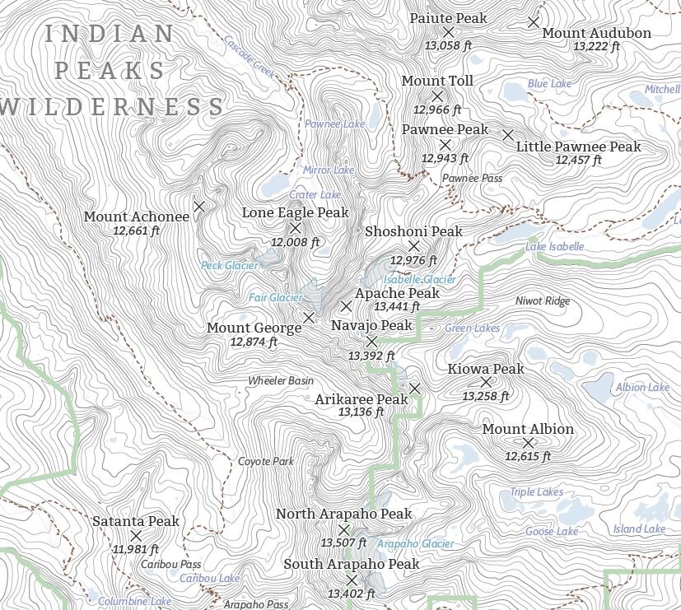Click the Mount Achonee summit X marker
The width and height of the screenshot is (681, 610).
coord(198,206)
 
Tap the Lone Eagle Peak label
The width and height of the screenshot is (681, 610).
coord(295,212)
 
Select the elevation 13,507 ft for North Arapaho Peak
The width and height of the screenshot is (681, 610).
coord(343,543)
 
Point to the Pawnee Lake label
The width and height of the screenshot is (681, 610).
coord(334,124)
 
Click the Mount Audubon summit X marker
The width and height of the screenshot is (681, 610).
coord(534,22)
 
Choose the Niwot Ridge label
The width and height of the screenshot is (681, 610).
coord(542,301)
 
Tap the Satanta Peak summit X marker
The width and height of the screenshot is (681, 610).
coord(136,536)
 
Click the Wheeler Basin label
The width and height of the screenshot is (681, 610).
coord(281,381)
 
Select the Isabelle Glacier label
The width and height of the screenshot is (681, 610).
coord(419,280)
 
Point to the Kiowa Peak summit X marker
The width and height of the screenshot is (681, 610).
coord(485,382)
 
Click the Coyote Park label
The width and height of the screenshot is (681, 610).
coord(266,462)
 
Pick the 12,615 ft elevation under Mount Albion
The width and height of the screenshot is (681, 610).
coord(528,456)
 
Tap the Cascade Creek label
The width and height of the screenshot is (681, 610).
coord(250,56)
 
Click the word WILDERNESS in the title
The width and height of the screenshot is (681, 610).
coord(114,107)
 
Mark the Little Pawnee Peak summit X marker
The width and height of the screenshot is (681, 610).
coord(508,134)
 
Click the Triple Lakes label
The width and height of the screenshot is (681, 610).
coord(536,492)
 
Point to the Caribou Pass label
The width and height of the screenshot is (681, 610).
coord(170,565)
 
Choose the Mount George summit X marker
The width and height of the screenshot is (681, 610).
coord(309,317)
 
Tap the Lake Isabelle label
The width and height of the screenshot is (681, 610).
coord(555,247)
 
